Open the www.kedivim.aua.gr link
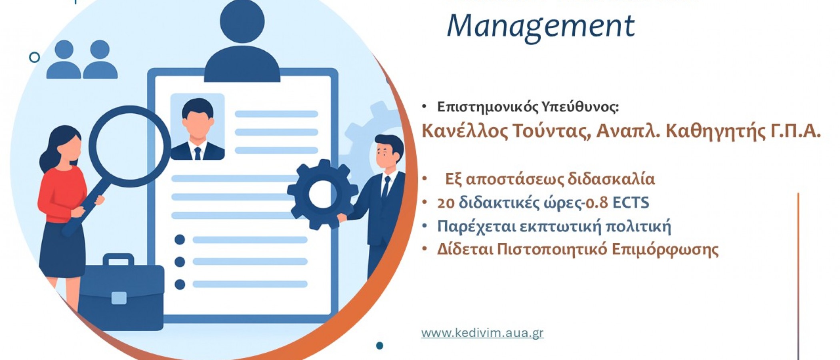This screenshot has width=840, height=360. click(482, 333)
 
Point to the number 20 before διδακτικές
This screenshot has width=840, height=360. click(446, 203)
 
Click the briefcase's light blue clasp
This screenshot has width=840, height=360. click(119, 298)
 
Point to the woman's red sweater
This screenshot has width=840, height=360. click(60, 192)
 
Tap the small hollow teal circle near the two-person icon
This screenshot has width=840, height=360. click(35, 57)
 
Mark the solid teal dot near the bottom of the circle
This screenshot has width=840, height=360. click(380, 345)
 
